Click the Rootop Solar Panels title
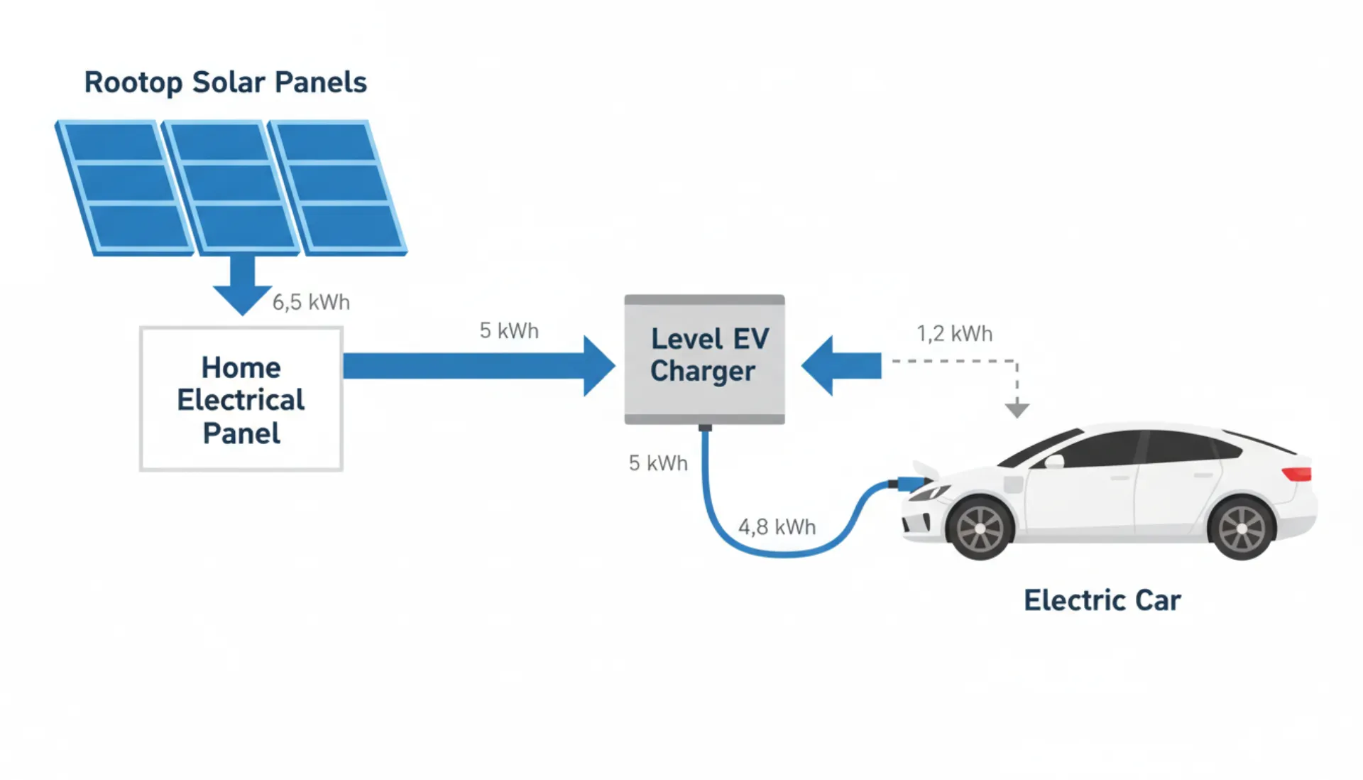tap(225, 82)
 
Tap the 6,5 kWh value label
tap(311, 303)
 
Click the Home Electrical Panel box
tap(241, 399)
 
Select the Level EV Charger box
tap(704, 359)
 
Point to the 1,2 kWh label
tap(954, 334)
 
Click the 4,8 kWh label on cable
tap(777, 527)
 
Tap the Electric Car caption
tap(1102, 601)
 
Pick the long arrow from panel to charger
tap(476, 366)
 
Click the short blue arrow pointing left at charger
tap(841, 366)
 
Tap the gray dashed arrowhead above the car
tap(1017, 409)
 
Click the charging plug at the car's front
tap(908, 484)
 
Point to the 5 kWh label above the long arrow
tap(509, 331)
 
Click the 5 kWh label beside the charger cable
tap(658, 463)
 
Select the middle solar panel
tap(231, 186)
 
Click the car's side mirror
tap(1055, 461)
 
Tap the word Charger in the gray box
tap(702, 372)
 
